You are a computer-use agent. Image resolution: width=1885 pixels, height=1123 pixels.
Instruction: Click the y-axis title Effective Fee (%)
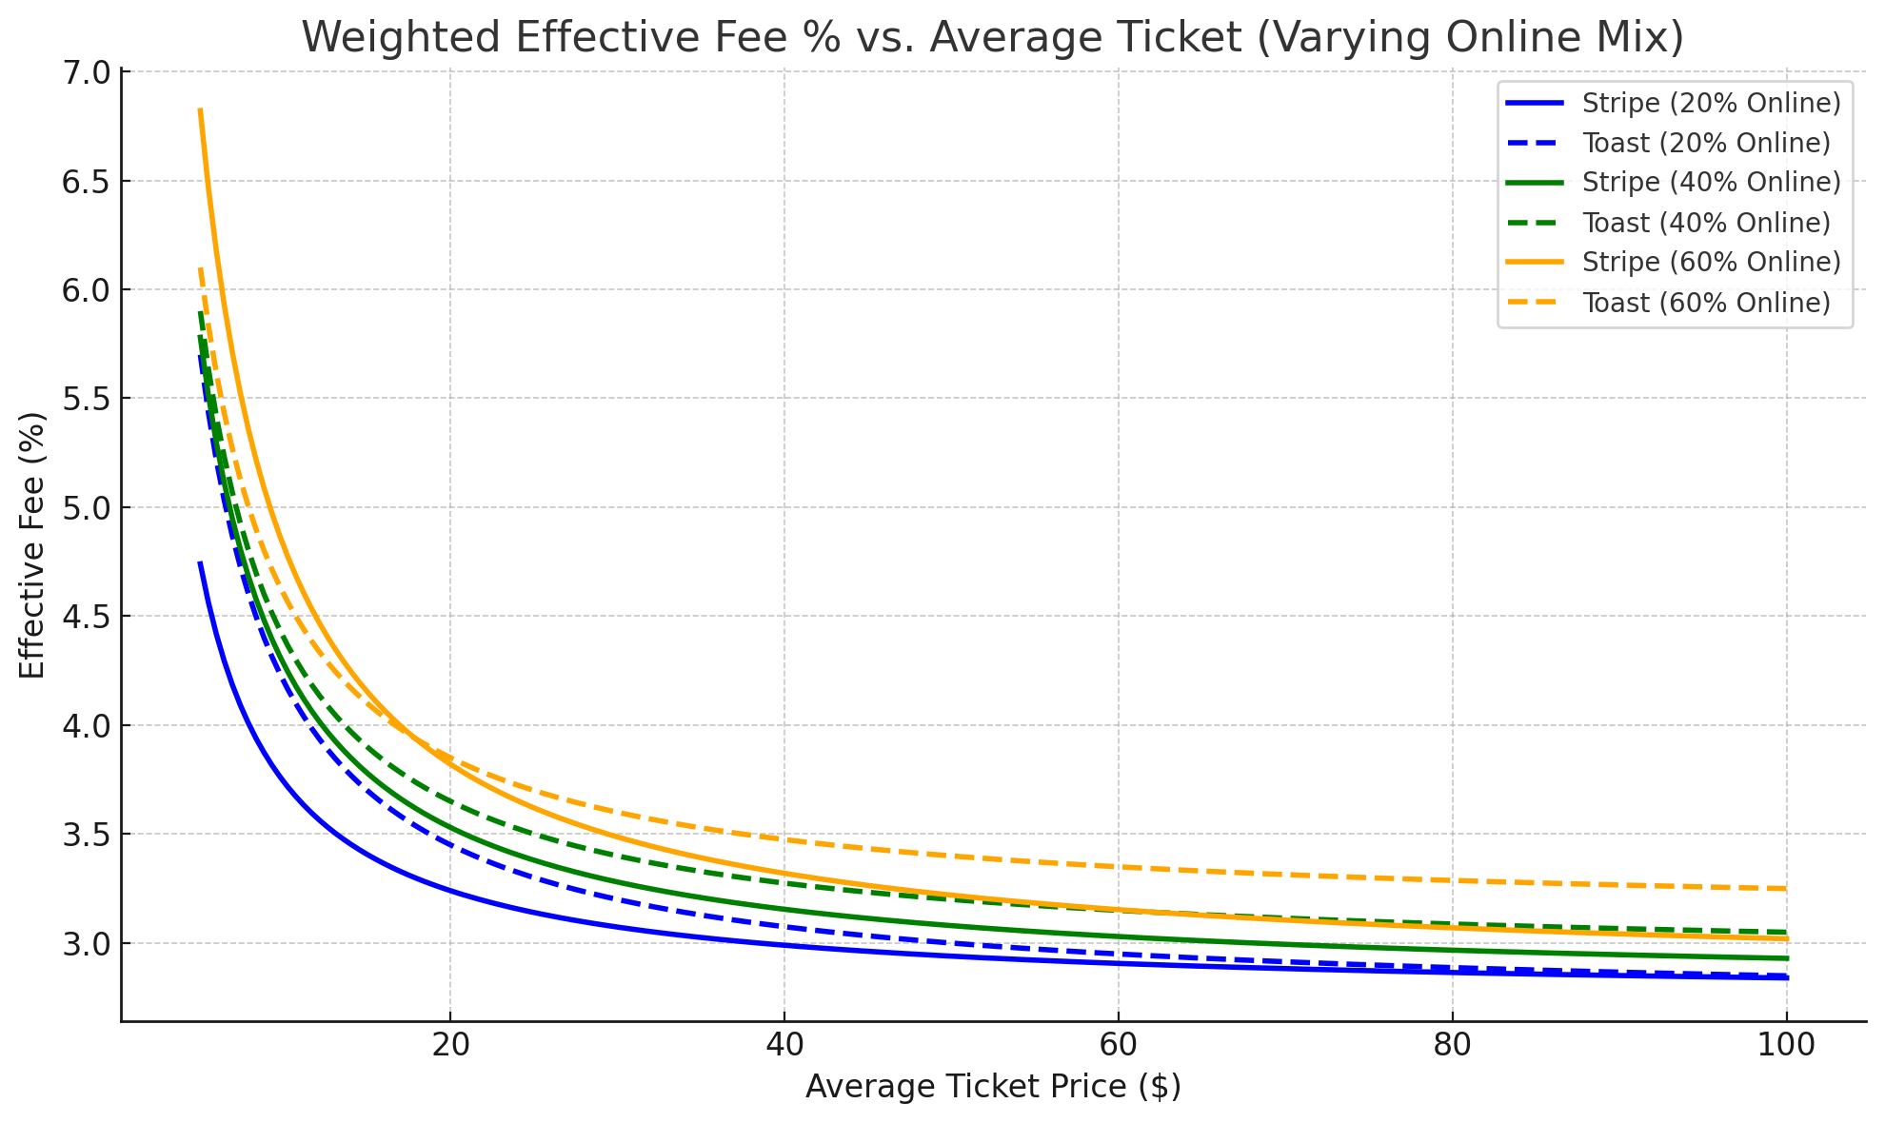pos(32,545)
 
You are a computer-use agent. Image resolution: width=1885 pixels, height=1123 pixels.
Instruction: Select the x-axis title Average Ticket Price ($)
pos(993,1087)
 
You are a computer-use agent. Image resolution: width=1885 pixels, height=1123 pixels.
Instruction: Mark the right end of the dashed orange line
pos(1786,889)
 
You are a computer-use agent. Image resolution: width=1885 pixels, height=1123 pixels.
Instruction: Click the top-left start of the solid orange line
pos(200,110)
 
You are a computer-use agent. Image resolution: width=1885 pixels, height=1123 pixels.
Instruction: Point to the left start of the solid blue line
pos(200,562)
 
